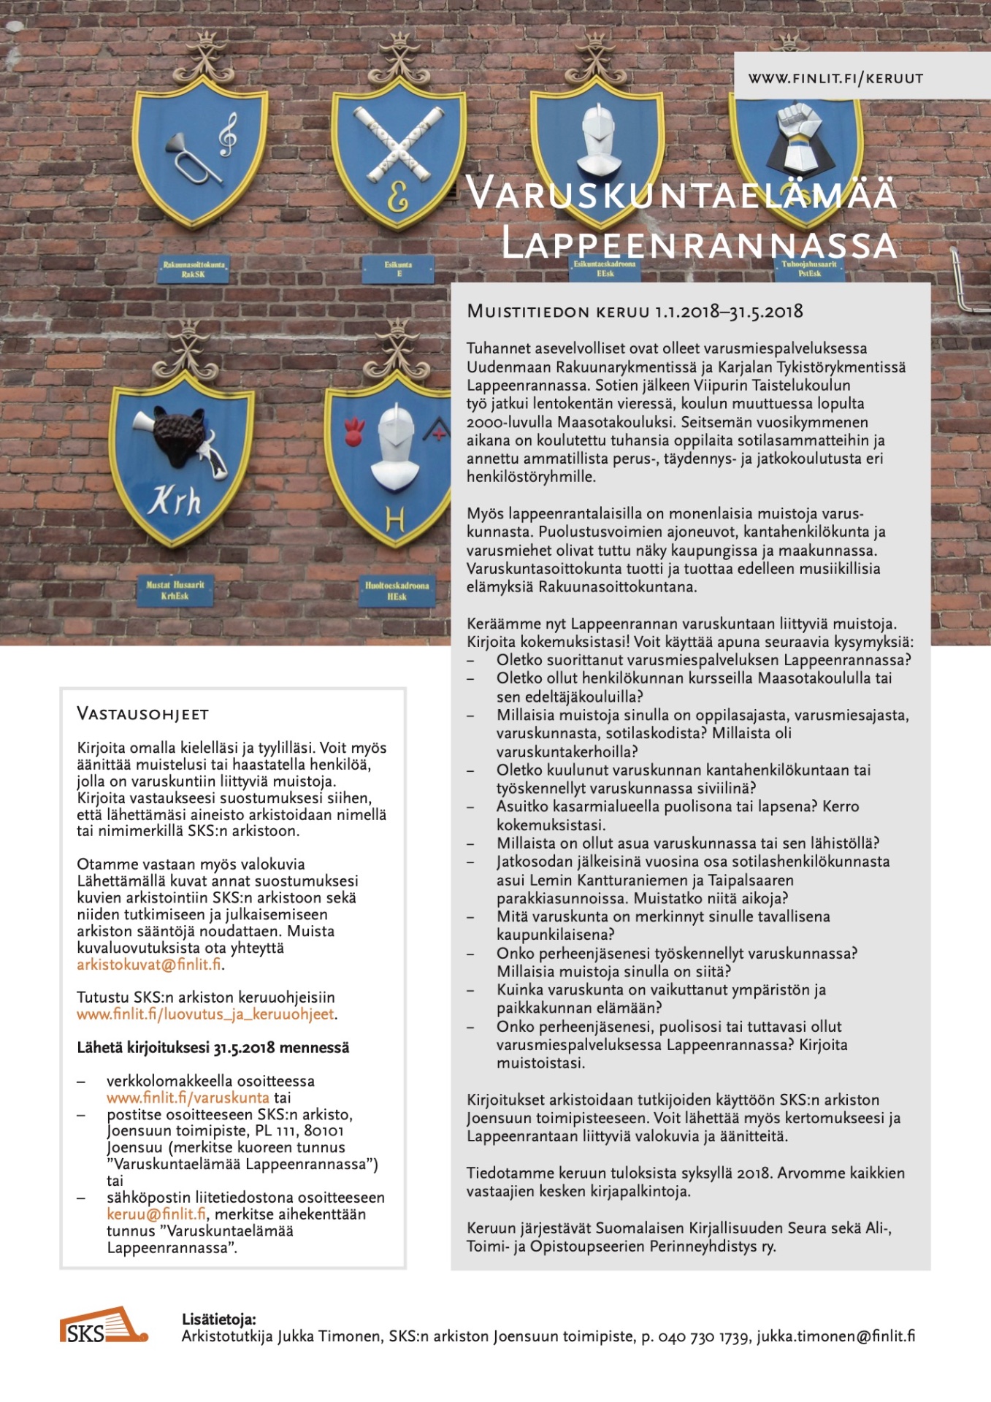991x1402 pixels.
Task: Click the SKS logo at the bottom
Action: coord(103,1325)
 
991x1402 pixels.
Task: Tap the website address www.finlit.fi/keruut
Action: coord(835,78)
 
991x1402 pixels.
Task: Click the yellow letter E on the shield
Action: coord(397,197)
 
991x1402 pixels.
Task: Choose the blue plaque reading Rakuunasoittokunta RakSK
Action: coord(194,269)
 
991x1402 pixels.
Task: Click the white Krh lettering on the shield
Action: coord(175,502)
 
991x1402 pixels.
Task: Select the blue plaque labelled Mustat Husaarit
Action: coord(175,590)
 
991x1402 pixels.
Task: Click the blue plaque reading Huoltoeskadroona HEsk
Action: coord(397,591)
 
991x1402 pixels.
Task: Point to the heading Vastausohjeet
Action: coord(142,714)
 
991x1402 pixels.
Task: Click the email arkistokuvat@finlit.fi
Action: coord(149,965)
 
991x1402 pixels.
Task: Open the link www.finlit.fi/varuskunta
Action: coord(188,1098)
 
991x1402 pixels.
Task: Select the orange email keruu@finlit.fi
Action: coord(156,1214)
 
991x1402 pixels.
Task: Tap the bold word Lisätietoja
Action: coord(218,1319)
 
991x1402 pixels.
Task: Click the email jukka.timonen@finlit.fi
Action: coord(835,1336)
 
